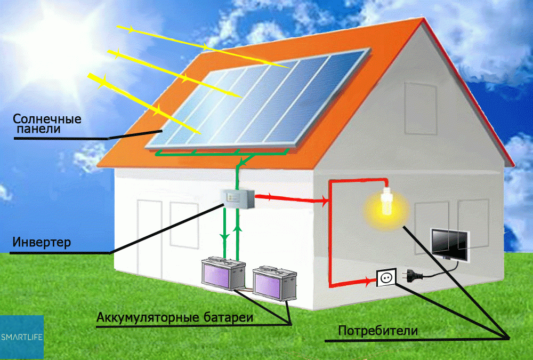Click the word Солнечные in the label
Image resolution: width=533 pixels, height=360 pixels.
(47, 119)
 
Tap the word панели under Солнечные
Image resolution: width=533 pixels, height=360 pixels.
(38, 129)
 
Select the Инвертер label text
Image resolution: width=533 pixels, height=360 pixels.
(42, 242)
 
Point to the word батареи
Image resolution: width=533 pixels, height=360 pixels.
(229, 317)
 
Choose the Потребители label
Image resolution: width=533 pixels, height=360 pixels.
(378, 331)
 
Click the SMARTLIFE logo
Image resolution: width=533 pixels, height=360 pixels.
(22, 337)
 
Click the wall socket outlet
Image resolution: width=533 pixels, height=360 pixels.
(386, 277)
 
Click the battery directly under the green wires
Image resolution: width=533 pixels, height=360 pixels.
(223, 274)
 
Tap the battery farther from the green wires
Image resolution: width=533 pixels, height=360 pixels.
(274, 283)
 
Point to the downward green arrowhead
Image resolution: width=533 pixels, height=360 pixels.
(224, 237)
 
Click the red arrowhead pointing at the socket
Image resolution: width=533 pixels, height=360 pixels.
(368, 281)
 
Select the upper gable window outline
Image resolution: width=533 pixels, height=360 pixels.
(420, 109)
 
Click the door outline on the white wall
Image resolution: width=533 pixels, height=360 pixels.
(150, 237)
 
